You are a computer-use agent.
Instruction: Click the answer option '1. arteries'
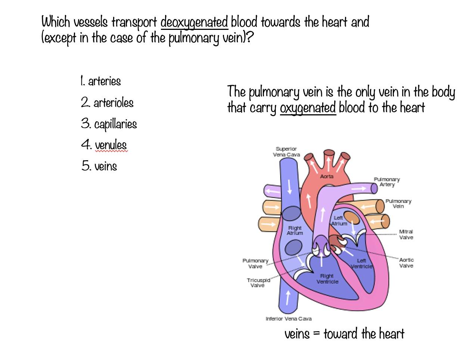pos(101,81)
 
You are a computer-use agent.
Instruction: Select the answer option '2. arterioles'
pos(107,102)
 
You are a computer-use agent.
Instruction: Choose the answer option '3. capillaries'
pos(109,124)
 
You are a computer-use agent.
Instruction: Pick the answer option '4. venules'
pos(104,145)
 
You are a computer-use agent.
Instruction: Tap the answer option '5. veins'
pos(99,166)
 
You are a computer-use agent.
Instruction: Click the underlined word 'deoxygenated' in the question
pos(194,22)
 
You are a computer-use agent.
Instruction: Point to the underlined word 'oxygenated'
pos(308,108)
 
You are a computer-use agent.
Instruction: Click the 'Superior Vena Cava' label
pos(286,152)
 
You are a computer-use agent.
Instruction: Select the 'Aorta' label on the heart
pos(327,176)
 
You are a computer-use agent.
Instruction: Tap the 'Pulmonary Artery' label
pos(387,182)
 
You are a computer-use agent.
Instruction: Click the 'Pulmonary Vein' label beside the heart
pos(398,204)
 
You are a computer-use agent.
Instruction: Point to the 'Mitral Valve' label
pos(406,235)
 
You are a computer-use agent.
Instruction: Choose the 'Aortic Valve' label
pos(406,263)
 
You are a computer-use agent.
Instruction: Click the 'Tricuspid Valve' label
pos(258,283)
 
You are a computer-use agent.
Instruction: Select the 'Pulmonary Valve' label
pos(255,263)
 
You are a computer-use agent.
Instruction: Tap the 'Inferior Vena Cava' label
pos(288,319)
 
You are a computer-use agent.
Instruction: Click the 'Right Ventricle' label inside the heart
pos(327,279)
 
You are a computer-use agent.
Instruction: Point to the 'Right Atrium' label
pos(295,230)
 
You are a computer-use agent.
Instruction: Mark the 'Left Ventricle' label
pos(361,264)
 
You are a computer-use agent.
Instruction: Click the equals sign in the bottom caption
pos(316,334)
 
